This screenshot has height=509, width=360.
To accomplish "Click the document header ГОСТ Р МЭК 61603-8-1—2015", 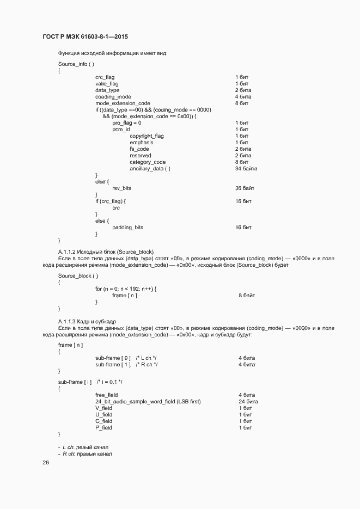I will click(x=89, y=37).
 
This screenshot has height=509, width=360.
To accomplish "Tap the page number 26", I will click(x=46, y=463).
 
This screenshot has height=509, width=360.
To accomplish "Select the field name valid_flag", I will click(x=107, y=84).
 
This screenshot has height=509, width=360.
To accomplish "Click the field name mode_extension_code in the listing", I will click(x=123, y=103).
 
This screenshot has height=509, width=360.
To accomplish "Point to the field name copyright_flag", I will click(x=147, y=136).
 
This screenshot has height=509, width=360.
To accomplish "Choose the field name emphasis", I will click(x=142, y=143).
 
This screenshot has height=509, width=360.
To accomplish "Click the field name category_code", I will click(x=148, y=162).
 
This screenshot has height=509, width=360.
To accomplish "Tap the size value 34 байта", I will click(x=246, y=169).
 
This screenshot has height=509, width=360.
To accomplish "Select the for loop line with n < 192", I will click(x=130, y=289).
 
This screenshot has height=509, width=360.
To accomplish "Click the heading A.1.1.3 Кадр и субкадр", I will click(x=87, y=321).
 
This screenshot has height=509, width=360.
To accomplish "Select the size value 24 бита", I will click(x=248, y=401).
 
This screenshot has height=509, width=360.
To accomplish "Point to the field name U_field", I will click(x=103, y=414).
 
